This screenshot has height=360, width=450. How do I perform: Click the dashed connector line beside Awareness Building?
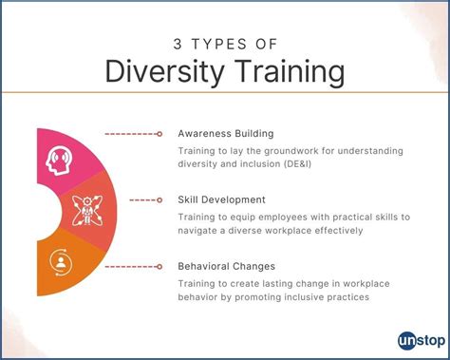130,134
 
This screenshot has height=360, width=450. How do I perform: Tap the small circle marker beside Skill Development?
159,199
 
